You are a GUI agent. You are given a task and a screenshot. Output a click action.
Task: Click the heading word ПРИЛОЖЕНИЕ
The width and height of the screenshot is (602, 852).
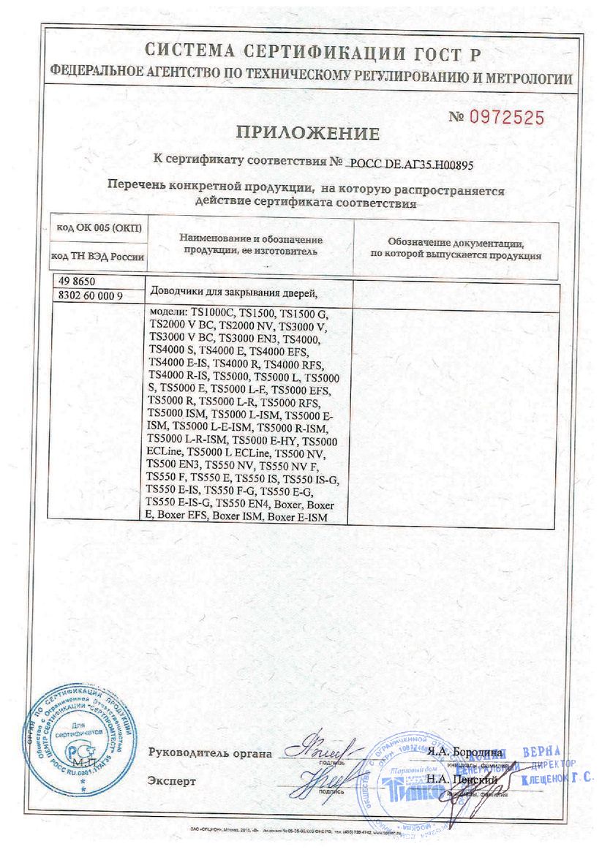tap(307, 133)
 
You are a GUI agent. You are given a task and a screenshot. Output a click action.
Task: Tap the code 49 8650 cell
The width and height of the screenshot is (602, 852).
tap(77, 282)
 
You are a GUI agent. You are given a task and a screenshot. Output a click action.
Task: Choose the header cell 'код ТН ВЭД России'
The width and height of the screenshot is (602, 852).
tap(97, 257)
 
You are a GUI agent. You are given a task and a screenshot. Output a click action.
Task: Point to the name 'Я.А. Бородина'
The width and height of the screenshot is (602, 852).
tap(465, 752)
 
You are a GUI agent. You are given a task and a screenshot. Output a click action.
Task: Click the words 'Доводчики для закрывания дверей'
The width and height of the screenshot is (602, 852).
tap(233, 293)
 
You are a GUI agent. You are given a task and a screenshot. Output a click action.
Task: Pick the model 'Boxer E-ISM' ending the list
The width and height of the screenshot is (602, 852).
tap(297, 517)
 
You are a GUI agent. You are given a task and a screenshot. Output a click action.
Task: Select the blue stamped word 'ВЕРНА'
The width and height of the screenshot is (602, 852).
tap(541, 752)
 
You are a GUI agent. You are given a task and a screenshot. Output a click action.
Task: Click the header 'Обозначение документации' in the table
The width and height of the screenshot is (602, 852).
tap(455, 243)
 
